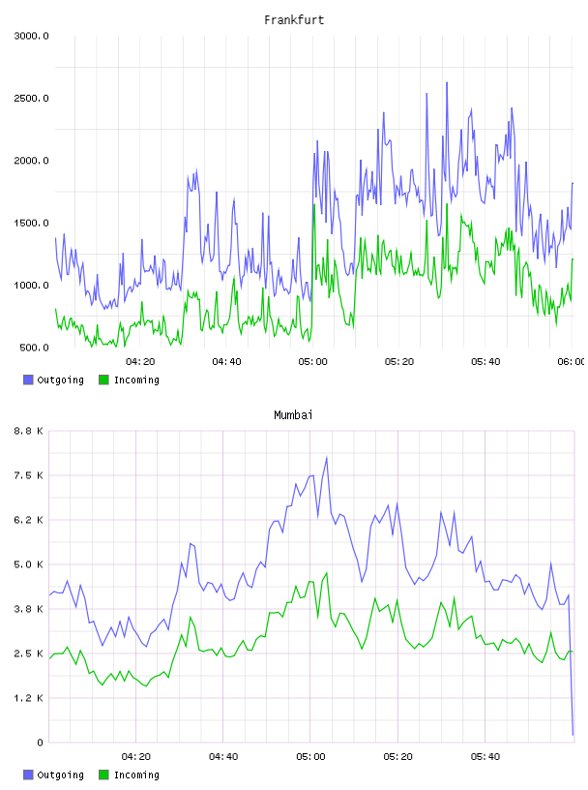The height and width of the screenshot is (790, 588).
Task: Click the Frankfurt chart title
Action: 294,20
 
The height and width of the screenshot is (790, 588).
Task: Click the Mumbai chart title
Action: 293,415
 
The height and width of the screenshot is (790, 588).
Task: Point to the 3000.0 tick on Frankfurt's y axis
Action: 31,36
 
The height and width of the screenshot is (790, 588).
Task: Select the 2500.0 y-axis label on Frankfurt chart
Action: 31,98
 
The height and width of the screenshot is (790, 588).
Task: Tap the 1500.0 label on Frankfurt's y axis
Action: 31,224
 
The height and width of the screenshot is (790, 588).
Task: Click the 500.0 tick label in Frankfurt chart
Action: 34,348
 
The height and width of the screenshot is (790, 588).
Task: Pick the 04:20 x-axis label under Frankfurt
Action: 140,362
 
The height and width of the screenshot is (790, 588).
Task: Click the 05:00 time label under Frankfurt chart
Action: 312,362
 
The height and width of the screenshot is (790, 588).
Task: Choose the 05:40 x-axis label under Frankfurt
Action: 485,362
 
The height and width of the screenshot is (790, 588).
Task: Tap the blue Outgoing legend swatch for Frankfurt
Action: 28,380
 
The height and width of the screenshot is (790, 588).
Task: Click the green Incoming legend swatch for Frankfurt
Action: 103,380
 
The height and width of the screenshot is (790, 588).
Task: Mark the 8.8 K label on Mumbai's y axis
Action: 28,431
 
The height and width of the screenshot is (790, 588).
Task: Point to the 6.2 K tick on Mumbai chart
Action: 28,520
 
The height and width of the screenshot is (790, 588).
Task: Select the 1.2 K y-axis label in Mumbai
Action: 28,698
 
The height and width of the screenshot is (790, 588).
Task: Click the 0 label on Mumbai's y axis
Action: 40,743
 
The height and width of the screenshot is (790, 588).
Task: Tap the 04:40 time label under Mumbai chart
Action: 223,757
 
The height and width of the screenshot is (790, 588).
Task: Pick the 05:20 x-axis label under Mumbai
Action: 397,757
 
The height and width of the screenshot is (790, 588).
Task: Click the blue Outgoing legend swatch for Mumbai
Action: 28,775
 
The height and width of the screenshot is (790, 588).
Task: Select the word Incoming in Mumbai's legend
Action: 136,775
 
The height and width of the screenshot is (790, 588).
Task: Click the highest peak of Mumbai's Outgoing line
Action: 327,458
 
